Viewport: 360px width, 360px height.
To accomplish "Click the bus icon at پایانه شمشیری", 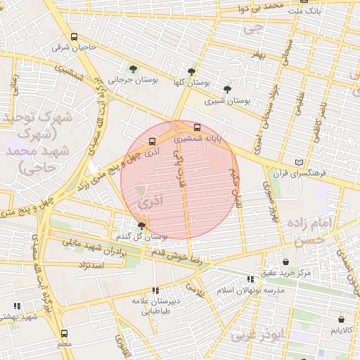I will tap(196, 128).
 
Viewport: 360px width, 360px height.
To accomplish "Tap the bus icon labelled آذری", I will tap(152, 141).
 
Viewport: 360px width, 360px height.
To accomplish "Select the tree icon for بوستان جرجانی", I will tap(133, 69).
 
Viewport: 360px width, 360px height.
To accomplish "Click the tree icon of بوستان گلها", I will tap(191, 71).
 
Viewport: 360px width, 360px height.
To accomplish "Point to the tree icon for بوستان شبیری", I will tap(226, 89).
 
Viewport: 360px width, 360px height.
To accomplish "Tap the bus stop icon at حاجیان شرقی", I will tap(74, 37).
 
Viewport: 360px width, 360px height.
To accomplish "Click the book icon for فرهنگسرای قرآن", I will tap(300, 162).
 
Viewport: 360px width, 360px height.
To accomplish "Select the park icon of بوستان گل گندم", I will tap(142, 225).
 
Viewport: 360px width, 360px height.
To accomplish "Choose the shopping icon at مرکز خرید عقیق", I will tap(285, 262).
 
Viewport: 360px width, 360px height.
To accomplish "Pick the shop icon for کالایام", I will tap(342, 329).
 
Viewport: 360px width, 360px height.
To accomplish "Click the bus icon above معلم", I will tap(65, 333).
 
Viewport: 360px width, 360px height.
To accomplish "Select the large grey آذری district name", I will tap(150, 202).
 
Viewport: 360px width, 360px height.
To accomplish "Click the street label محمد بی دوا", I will tap(262, 8).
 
